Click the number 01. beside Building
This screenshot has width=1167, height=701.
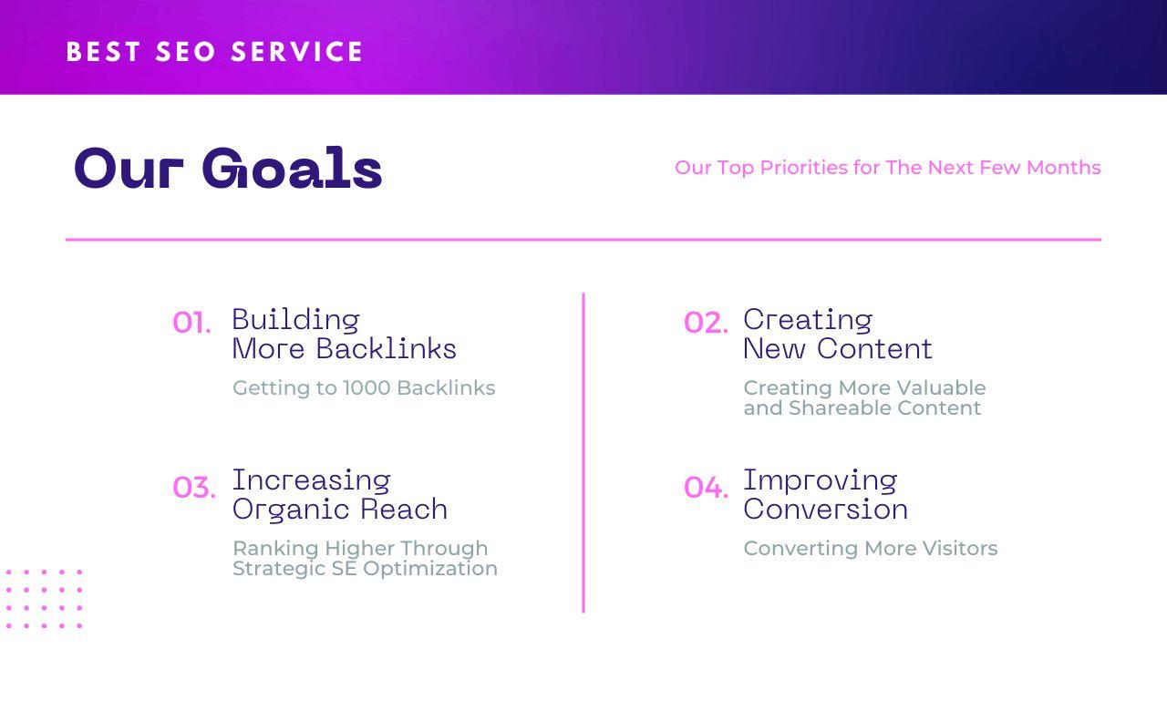point(191,323)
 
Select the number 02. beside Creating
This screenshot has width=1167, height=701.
point(706,323)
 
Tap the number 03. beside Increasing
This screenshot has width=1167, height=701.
point(194,488)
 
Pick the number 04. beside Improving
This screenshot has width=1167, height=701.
point(706,488)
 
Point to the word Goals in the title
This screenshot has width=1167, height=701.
point(292,169)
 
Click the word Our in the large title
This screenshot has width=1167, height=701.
point(129,169)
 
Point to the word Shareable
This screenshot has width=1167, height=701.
point(839,407)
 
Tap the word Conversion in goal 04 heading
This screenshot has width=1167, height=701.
point(825,509)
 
